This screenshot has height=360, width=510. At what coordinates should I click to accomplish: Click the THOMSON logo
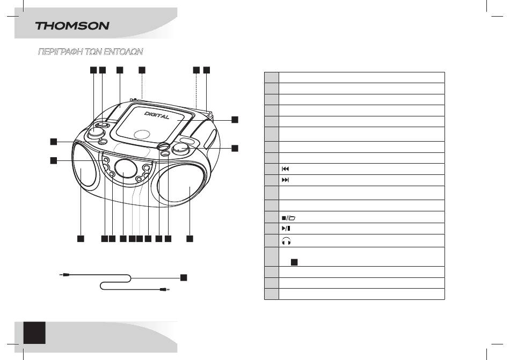(72, 26)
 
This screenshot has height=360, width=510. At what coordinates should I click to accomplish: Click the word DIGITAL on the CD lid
(157, 115)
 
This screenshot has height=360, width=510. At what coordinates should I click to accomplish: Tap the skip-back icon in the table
(285, 169)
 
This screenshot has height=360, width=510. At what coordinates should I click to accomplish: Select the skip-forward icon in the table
(285, 180)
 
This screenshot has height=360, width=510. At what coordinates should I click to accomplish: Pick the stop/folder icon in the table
(288, 218)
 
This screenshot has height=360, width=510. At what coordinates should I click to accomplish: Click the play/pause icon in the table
(286, 229)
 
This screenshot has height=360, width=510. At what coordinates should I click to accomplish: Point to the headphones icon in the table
(286, 241)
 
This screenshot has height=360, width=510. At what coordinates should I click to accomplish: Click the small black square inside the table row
(294, 262)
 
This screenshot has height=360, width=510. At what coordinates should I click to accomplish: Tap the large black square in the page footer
(34, 333)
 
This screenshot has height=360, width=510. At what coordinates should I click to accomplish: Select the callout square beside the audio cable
(184, 277)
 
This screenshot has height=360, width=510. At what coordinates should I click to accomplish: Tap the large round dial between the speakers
(125, 169)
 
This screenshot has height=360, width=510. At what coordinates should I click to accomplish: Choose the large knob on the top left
(96, 131)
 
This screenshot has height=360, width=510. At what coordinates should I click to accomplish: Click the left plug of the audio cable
(65, 275)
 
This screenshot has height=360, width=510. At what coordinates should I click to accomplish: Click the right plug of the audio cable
(165, 289)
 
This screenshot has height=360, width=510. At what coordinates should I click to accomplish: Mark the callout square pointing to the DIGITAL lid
(235, 120)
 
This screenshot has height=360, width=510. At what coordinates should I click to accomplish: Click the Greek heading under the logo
(90, 52)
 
